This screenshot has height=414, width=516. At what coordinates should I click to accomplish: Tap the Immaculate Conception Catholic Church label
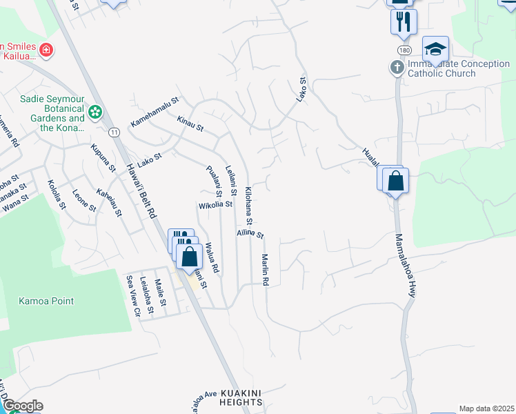point(441,68)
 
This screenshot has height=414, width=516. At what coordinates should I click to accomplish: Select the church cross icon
point(397,68)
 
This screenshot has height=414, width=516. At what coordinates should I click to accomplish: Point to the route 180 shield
point(404,51)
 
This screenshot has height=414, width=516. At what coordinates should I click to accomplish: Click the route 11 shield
point(114,131)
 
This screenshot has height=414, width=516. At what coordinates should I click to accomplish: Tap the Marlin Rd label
point(265,270)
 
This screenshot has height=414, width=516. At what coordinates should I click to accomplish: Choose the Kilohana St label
point(250,205)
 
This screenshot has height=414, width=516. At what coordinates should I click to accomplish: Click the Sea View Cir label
point(132,295)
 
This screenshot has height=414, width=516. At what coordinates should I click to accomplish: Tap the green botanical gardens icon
point(95,110)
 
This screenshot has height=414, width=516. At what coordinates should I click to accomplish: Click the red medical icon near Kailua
point(46,50)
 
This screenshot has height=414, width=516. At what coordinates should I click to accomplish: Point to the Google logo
point(22,406)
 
